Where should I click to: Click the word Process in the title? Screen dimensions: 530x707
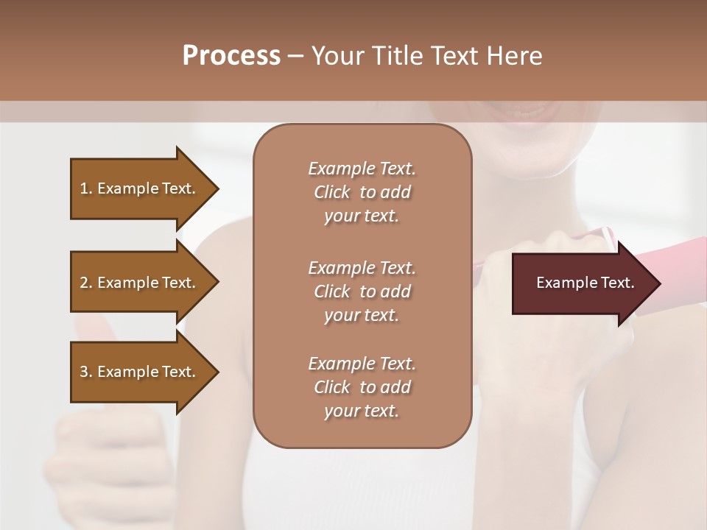[x=231, y=56]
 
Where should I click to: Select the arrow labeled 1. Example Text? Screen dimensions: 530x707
[x=140, y=188]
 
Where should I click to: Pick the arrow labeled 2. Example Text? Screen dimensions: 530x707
[x=140, y=283]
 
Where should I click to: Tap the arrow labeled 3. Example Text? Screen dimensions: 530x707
[x=140, y=372]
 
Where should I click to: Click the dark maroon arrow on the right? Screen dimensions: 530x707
[x=582, y=283]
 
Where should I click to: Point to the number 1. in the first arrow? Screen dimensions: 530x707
[x=86, y=188]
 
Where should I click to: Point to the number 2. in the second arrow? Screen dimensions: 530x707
[x=86, y=283]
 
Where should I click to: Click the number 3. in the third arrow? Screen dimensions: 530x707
[x=86, y=372]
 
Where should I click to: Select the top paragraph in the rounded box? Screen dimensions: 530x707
[x=362, y=192]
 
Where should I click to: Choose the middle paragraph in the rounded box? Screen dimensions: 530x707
[x=362, y=291]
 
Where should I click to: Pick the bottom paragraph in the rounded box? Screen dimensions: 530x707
[x=362, y=387]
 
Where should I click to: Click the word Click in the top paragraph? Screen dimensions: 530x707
[x=332, y=193]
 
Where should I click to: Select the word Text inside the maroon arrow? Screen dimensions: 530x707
[x=617, y=283]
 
